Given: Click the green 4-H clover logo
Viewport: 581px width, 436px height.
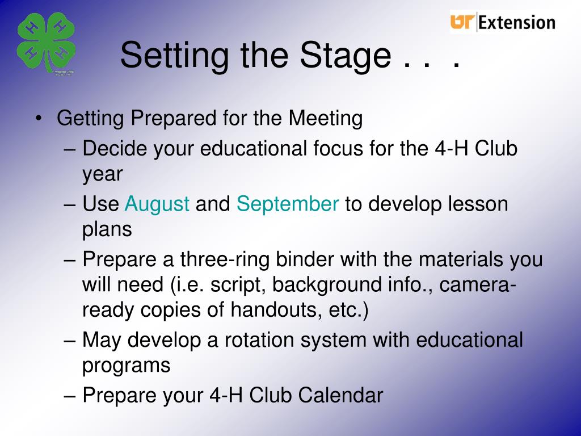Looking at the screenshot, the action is pos(47,43).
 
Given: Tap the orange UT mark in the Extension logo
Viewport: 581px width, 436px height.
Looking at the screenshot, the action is pos(462,22).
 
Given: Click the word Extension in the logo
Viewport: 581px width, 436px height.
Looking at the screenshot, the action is pos(517,23).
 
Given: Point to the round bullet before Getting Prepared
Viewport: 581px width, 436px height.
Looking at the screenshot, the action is pos(38,119).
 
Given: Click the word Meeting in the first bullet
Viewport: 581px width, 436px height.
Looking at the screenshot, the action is pos(325,119).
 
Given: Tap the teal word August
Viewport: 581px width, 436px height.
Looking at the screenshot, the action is pos(157,204).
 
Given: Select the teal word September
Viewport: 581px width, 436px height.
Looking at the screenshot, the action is pos(288,204).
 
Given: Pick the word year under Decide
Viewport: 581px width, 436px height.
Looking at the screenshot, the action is pos(102,175).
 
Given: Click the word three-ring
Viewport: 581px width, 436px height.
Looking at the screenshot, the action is pos(225,259).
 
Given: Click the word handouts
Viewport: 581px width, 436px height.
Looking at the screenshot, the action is pos(276,309).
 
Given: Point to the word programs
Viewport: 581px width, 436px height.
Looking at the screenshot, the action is pos(127,366).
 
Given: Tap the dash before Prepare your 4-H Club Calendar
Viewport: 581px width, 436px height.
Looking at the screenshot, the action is pos(69,396).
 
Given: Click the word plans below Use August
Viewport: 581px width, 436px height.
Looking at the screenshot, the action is pos(107,230).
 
